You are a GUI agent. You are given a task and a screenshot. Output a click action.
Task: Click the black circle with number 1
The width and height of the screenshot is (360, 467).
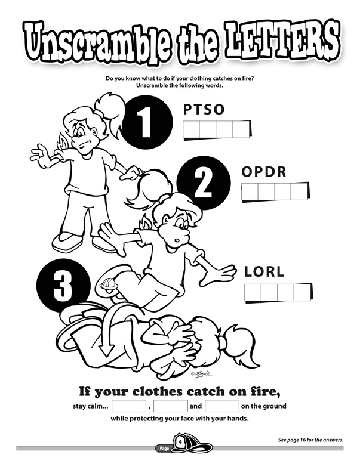(147, 122)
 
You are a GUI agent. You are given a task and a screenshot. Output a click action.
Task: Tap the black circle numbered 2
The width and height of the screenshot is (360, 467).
(204, 183)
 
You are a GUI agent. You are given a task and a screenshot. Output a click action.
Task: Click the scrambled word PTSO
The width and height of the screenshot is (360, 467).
(204, 109)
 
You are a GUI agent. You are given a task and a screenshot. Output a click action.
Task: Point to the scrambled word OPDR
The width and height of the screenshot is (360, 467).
(264, 172)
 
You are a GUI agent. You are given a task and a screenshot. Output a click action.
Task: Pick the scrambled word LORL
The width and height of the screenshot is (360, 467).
(264, 271)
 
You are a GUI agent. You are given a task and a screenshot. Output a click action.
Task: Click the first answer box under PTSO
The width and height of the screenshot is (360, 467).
(191, 129)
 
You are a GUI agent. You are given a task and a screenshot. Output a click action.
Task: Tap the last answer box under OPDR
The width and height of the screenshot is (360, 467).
(299, 191)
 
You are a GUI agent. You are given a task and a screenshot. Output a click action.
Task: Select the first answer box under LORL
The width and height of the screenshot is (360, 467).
(253, 292)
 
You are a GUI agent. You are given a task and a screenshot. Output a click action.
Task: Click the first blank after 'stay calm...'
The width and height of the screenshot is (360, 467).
(129, 406)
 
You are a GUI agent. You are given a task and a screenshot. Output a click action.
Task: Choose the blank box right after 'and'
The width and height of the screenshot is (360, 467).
(222, 406)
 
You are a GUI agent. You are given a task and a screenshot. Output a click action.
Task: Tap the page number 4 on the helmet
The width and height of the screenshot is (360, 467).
(180, 442)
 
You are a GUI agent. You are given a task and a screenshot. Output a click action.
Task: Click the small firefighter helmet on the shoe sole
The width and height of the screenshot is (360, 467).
(109, 284)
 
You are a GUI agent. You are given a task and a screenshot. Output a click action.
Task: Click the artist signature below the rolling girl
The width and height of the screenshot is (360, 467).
(201, 375)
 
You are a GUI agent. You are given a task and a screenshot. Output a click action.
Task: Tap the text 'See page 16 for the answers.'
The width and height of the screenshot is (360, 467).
(310, 440)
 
